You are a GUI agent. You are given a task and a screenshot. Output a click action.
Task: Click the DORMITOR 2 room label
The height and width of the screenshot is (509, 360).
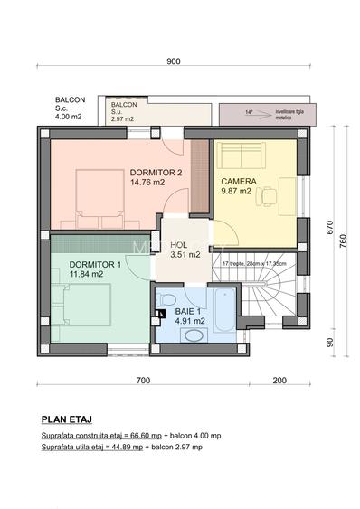(x=156, y=172)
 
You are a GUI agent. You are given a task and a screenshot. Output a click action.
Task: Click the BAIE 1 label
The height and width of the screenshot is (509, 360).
(x=189, y=310)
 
